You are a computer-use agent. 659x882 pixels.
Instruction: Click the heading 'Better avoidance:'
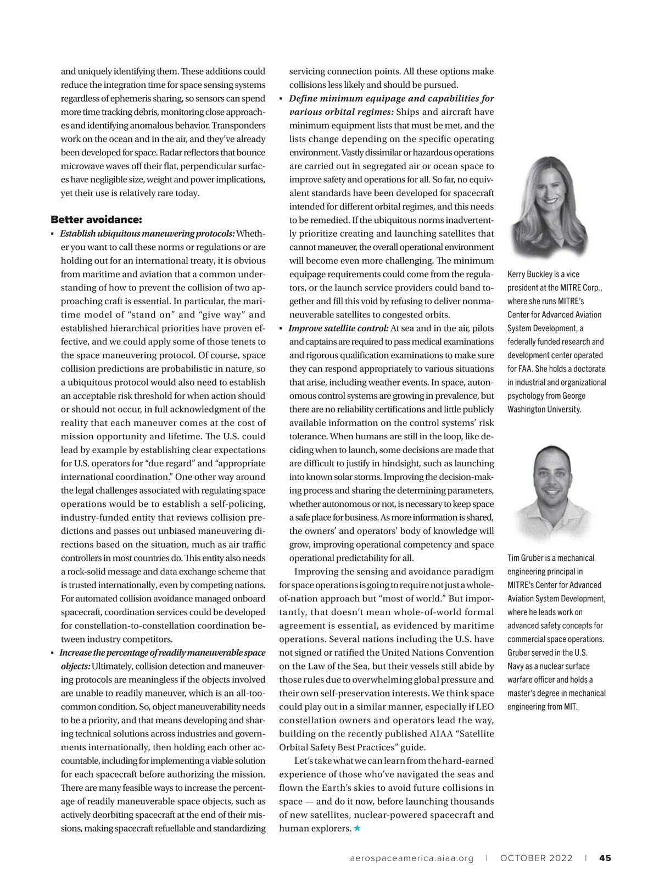96,220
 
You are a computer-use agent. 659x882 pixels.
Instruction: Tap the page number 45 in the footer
606,858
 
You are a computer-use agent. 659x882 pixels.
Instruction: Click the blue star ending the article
357,828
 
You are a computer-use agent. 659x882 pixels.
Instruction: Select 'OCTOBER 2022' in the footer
536,858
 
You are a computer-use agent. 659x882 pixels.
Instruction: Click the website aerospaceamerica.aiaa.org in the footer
411,858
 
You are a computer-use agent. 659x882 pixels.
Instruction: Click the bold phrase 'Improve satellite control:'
339,328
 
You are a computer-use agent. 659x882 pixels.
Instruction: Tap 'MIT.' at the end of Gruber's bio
571,706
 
